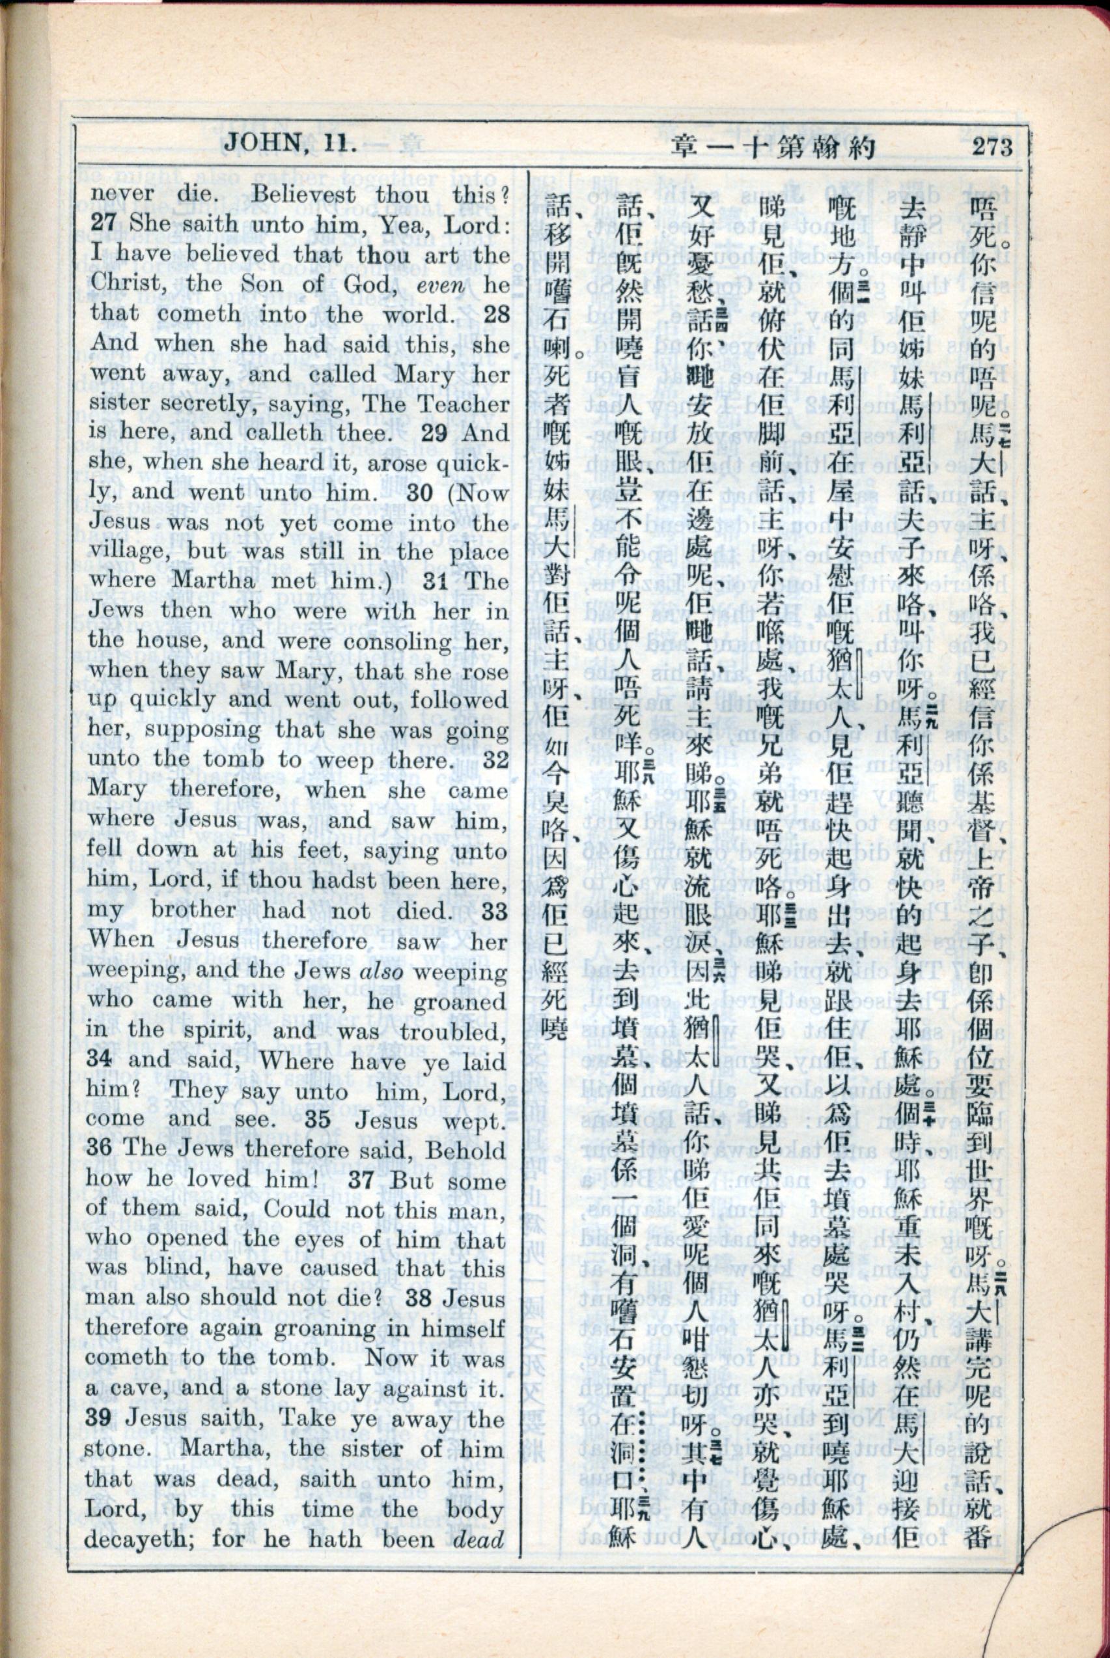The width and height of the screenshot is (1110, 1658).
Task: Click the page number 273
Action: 992,147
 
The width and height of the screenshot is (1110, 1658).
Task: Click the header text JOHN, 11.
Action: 290,145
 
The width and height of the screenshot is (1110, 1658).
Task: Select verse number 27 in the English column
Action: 104,225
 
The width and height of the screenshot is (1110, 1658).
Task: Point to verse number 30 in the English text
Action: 419,494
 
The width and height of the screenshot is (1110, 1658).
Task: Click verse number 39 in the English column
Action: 99,1420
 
